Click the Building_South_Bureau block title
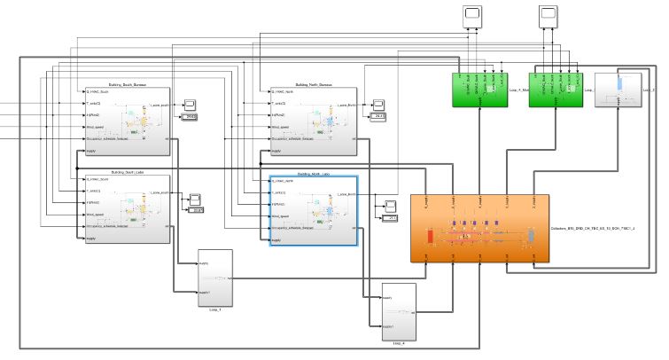128,84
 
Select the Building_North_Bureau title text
313,84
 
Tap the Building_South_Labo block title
128,172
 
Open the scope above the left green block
472,15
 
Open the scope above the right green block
549,15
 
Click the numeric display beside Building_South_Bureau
191,117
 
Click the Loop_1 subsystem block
214,278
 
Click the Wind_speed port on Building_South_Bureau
97,128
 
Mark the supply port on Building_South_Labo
91,239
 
